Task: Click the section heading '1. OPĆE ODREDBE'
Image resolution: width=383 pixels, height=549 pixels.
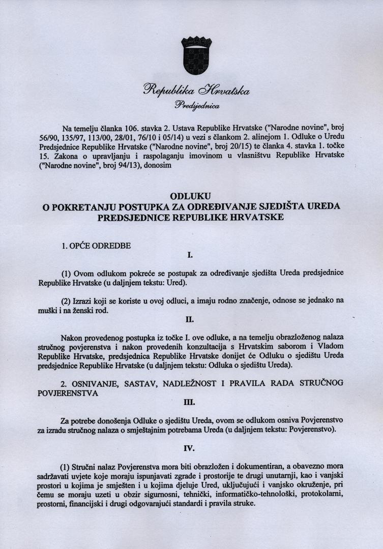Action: point(96,246)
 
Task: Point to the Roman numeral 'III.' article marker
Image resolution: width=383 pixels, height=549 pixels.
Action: point(190,402)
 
